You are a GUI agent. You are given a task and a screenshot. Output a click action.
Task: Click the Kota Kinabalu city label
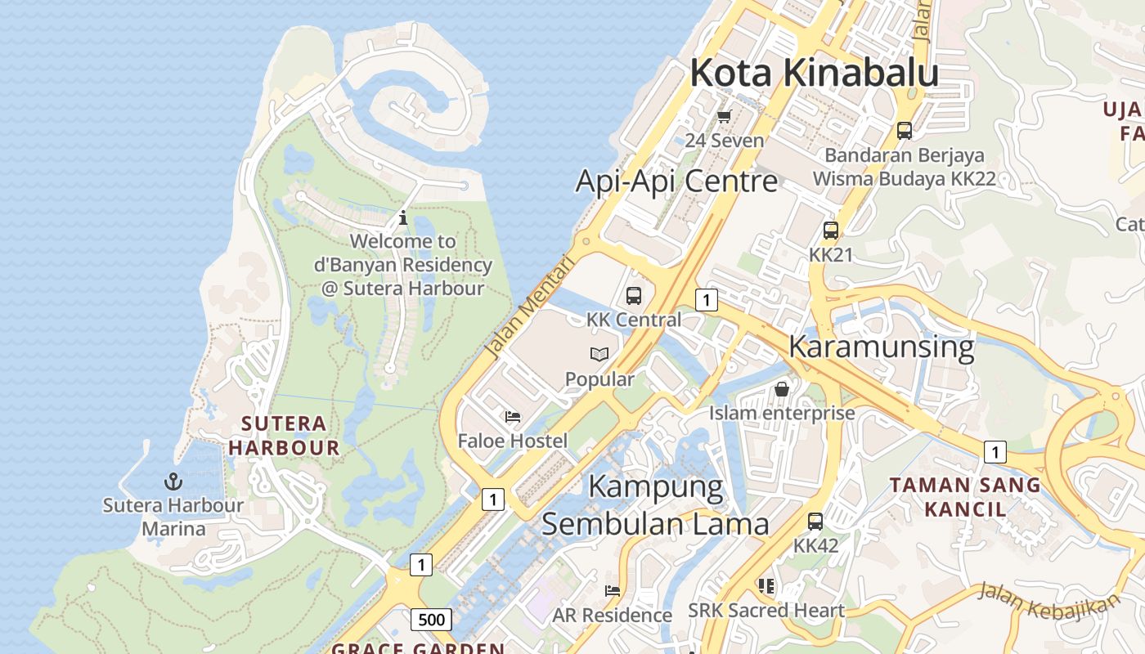[x=814, y=73]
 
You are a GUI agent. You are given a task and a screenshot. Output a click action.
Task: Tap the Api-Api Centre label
[x=676, y=181]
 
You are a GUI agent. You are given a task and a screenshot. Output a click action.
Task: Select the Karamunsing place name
[x=881, y=347]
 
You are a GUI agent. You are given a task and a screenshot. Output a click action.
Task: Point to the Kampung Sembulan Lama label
[x=655, y=505]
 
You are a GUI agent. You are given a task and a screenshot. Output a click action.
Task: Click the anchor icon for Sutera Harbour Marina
[x=173, y=482]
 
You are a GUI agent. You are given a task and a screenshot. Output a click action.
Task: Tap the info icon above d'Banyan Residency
[x=402, y=218]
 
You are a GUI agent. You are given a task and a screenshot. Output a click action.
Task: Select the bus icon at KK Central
[x=634, y=296]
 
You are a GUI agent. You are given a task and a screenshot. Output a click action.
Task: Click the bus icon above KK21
[x=831, y=231]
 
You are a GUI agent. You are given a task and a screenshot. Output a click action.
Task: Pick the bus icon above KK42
[x=815, y=521]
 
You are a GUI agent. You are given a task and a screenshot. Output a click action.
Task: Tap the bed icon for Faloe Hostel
[x=513, y=417]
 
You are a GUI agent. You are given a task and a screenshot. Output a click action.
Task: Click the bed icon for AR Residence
[x=612, y=590]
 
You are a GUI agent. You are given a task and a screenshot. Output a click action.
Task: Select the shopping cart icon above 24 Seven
[x=724, y=117]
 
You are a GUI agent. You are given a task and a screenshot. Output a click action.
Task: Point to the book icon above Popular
[x=599, y=355]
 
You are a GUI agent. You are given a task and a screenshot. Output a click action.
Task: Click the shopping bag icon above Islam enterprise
[x=782, y=389]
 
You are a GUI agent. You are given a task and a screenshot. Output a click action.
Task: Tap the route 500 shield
[x=431, y=620]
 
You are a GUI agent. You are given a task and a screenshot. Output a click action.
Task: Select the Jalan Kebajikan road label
[x=1048, y=602]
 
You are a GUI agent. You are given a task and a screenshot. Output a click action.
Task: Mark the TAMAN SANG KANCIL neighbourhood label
[x=965, y=497]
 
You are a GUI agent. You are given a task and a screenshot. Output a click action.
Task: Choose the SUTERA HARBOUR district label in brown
[x=284, y=436]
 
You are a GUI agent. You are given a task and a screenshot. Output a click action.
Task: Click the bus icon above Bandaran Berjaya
[x=905, y=130]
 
